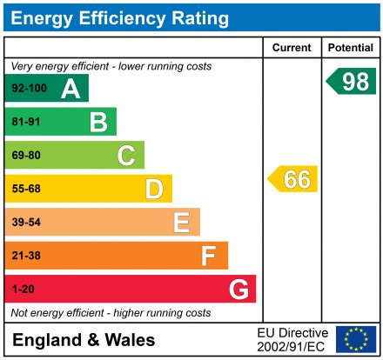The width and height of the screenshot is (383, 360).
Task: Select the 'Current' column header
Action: click(x=292, y=48)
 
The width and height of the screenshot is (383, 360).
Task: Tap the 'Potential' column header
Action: click(x=351, y=48)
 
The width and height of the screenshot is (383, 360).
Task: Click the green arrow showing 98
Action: click(x=352, y=82)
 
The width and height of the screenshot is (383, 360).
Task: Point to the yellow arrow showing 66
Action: click(x=293, y=179)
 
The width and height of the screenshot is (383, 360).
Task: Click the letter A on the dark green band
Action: click(x=70, y=89)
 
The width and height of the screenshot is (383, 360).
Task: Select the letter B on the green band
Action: click(x=98, y=122)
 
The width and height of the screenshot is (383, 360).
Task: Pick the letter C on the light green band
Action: click(x=126, y=156)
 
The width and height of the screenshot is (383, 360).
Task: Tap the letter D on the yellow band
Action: click(x=154, y=189)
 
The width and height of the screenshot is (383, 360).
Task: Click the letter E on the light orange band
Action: click(x=181, y=223)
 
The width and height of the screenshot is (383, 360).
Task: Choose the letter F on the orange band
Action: click(x=208, y=256)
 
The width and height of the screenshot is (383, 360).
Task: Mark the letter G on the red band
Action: click(x=237, y=289)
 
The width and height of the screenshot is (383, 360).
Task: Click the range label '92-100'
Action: click(x=29, y=89)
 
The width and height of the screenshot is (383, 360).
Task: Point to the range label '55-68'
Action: click(x=26, y=189)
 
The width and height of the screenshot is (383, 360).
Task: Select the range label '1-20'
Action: click(x=24, y=289)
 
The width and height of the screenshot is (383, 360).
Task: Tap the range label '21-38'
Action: click(x=26, y=256)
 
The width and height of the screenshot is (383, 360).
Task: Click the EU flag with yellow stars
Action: click(x=355, y=339)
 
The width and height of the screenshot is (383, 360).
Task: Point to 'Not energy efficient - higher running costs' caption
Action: click(x=111, y=313)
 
